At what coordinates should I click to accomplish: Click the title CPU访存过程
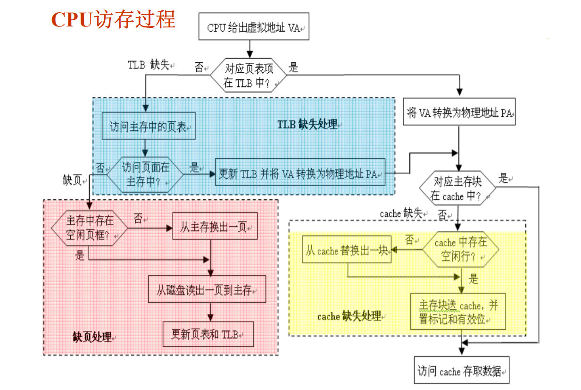(113, 19)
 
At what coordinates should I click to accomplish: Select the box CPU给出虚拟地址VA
(254, 28)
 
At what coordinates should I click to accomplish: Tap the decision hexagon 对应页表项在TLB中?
(248, 76)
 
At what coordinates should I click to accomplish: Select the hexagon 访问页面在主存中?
(145, 175)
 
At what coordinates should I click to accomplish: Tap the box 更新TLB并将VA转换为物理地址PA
(300, 173)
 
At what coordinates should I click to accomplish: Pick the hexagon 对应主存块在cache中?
(457, 189)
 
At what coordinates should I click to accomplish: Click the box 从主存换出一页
(215, 227)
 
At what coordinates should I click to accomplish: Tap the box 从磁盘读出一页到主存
(207, 289)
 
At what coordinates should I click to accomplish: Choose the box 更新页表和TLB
(207, 335)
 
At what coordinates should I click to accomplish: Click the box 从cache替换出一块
(347, 250)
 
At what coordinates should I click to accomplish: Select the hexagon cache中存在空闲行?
(460, 250)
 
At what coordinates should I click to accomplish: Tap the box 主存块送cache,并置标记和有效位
(458, 312)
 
